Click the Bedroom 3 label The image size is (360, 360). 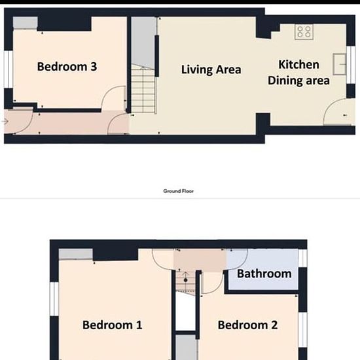(x=67, y=67)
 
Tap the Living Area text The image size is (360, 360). (x=211, y=69)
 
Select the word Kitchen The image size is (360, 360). (x=298, y=65)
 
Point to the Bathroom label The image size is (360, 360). (x=264, y=274)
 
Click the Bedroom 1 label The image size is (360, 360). (x=113, y=325)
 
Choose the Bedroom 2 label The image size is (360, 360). (x=247, y=325)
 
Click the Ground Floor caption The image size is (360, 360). (x=179, y=191)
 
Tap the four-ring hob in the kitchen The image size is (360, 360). (x=304, y=32)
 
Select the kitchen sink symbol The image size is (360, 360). (x=340, y=64)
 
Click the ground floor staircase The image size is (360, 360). (x=144, y=89)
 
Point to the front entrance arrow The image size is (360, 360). (x=6, y=122)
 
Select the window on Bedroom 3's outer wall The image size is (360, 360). (x=9, y=69)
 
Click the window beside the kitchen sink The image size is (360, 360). (x=351, y=65)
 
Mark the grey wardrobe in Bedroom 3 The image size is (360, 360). (x=26, y=23)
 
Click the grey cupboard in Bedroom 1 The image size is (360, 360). (x=76, y=254)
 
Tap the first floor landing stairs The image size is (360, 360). (x=185, y=281)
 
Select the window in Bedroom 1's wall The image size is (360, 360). (x=54, y=299)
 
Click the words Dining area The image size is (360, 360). (x=298, y=81)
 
